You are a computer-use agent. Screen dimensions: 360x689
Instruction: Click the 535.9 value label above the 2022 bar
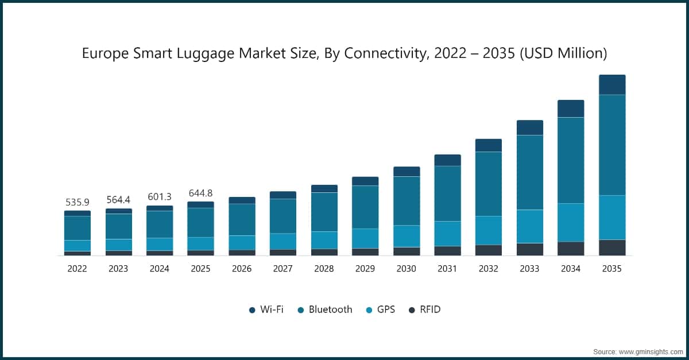(77, 203)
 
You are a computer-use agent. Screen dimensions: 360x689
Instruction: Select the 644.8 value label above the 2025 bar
(200, 193)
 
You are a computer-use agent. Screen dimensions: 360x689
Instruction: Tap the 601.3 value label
(159, 198)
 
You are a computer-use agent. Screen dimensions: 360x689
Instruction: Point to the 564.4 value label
(118, 200)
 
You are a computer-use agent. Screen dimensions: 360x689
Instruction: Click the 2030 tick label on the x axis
(406, 269)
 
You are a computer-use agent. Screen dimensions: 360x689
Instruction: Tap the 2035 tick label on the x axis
(611, 269)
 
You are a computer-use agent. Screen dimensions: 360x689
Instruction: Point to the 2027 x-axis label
(282, 269)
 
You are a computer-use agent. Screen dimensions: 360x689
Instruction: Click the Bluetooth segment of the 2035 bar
(612, 145)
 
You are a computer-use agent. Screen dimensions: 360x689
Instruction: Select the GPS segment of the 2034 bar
(571, 222)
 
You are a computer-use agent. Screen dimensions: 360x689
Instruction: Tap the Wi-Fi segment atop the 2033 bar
(530, 127)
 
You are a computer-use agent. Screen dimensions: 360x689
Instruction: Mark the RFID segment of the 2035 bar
(612, 247)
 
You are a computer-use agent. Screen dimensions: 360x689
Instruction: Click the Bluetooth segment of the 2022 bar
(77, 228)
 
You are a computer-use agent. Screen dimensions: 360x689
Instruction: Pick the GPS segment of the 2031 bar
(447, 234)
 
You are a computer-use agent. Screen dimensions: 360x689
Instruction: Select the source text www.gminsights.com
(650, 351)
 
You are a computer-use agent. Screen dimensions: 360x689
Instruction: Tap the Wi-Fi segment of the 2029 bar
(365, 181)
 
